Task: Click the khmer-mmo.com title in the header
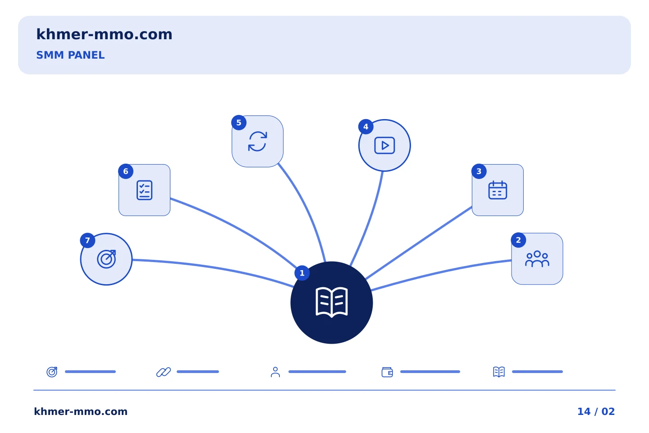[104, 34]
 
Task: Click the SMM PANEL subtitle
[70, 55]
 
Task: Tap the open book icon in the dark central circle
[331, 302]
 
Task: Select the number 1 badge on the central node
[302, 273]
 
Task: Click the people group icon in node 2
[537, 259]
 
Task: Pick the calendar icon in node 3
[498, 190]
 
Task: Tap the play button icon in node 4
[384, 145]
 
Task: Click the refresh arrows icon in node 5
[258, 141]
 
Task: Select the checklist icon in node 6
[144, 190]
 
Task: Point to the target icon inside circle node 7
[106, 259]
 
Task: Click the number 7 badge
[87, 240]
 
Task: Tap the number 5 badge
[239, 123]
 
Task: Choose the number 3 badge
[479, 171]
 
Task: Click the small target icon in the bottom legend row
[52, 372]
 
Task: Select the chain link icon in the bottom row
[164, 372]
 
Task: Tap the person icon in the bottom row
[275, 372]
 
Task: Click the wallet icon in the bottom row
[387, 372]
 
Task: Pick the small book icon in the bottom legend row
[499, 372]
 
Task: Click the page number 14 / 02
[596, 411]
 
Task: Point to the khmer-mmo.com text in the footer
[81, 411]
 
